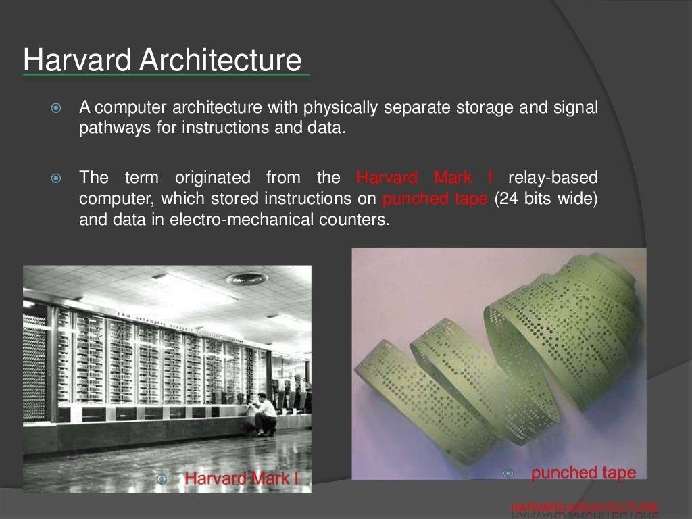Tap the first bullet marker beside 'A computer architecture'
[56, 108]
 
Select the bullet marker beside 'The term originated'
[56, 179]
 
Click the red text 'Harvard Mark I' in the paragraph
[424, 178]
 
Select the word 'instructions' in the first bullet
[222, 128]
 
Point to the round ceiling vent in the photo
[245, 278]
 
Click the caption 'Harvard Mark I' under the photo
[241, 478]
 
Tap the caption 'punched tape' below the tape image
[583, 473]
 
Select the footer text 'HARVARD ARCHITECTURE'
[585, 507]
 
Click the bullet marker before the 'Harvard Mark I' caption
[162, 479]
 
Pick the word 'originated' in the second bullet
[212, 178]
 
